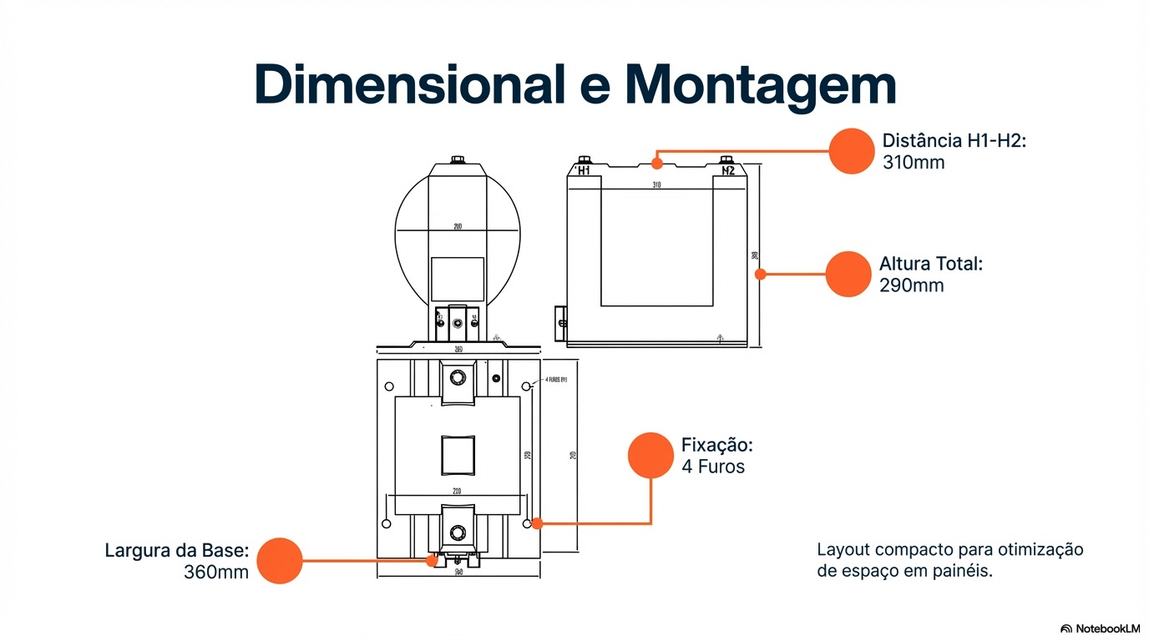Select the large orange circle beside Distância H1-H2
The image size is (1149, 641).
(x=851, y=151)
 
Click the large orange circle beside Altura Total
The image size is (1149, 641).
(x=848, y=274)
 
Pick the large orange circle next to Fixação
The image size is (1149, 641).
(x=650, y=456)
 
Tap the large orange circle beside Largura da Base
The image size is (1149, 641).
(x=280, y=561)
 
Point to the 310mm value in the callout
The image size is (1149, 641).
(x=914, y=162)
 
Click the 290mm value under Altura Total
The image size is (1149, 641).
(x=912, y=285)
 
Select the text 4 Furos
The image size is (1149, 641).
(x=713, y=467)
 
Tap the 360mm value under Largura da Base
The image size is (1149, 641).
(x=216, y=573)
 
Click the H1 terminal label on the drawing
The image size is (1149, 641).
(x=584, y=171)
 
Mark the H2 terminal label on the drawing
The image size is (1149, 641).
(x=728, y=171)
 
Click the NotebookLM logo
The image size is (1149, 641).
(x=1100, y=628)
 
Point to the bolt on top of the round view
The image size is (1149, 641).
(x=457, y=159)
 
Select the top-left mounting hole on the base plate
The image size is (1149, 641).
(x=388, y=386)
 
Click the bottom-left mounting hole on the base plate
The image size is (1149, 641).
(x=386, y=523)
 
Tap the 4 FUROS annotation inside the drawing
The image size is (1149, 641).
(x=556, y=380)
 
